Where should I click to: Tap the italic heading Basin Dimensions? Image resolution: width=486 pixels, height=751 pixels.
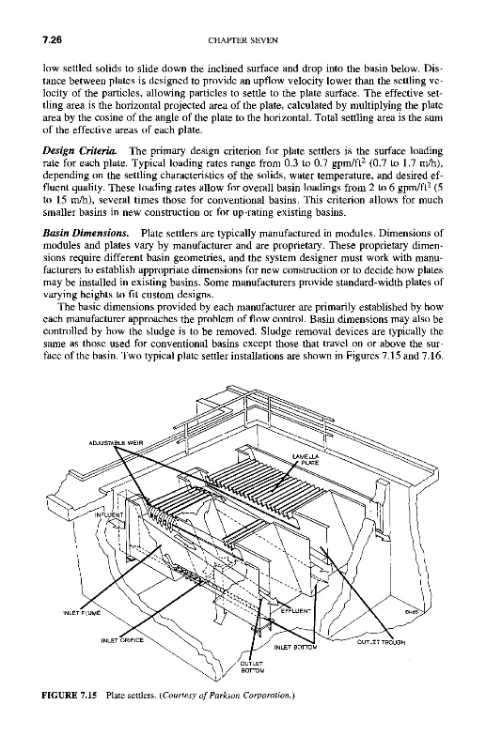coord(86,234)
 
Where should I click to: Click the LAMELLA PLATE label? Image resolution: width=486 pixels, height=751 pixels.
coord(304,460)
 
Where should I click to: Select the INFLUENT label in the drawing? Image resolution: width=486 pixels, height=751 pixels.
coord(109,514)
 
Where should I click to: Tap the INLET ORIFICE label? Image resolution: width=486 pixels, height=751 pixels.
coord(122,640)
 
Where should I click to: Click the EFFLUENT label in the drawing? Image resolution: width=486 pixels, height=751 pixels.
coord(295,611)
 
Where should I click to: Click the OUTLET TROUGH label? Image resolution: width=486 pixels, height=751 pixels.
coord(382,642)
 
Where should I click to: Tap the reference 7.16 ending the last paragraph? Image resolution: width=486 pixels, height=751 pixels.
coord(434,357)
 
